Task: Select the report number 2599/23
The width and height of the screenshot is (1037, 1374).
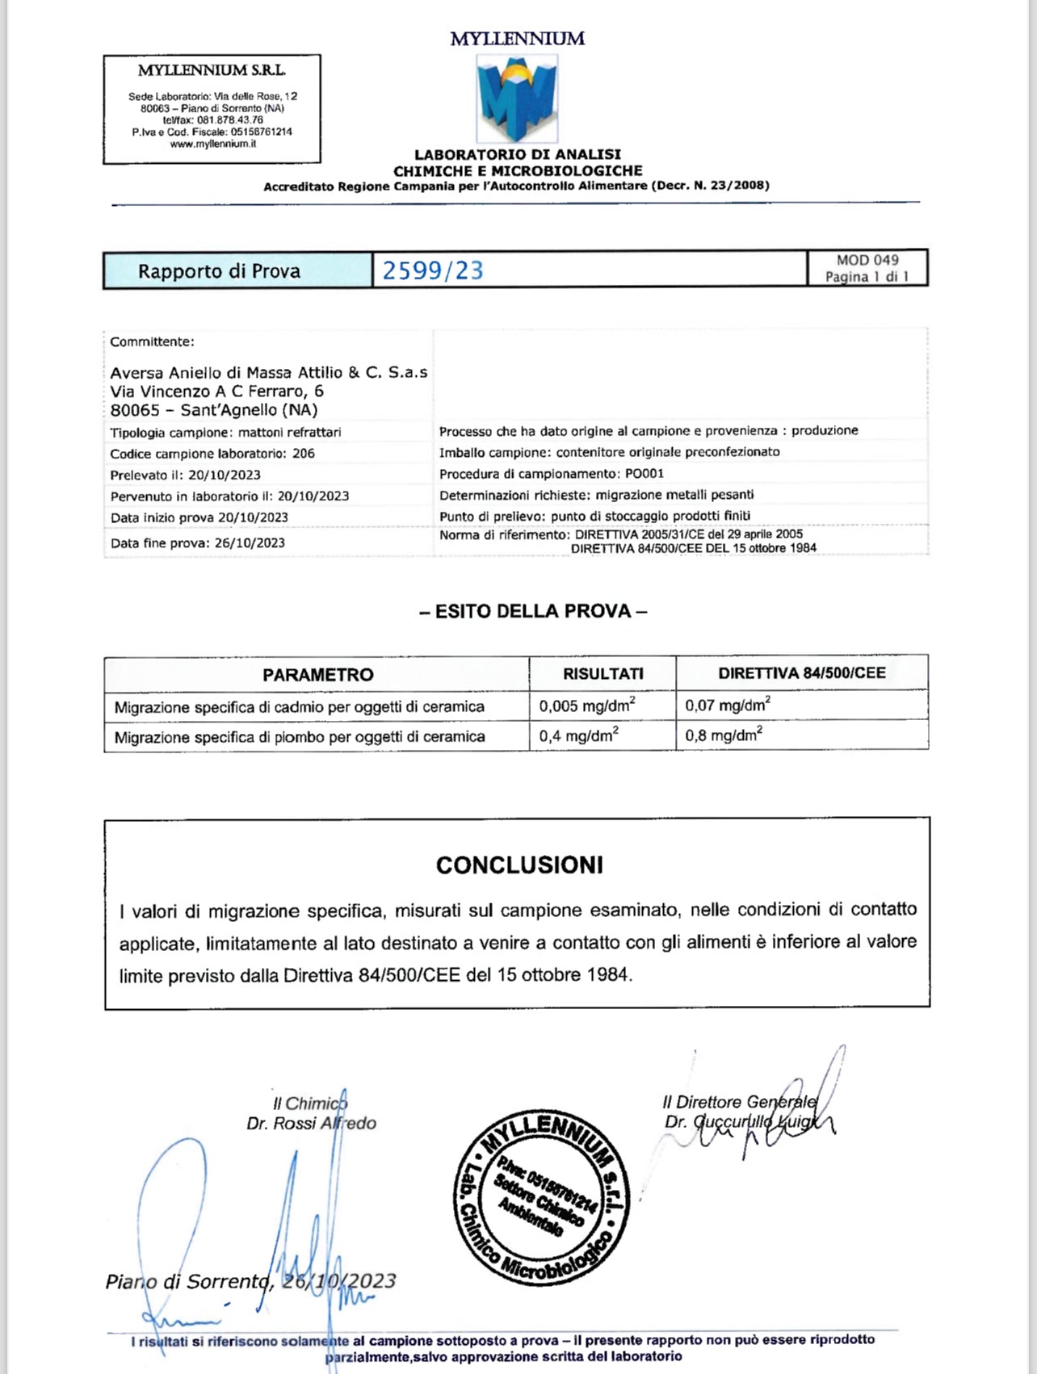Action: tap(433, 270)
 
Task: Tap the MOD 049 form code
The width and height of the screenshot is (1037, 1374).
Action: tap(867, 260)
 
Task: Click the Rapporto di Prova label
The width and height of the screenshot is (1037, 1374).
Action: tap(219, 271)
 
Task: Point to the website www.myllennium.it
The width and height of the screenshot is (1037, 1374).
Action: tap(212, 144)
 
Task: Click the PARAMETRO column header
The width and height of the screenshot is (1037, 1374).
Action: tap(317, 675)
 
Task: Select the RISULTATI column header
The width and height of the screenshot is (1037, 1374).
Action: tap(602, 673)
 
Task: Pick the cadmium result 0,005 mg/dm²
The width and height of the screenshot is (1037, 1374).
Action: tap(586, 706)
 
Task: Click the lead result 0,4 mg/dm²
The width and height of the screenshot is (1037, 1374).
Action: tap(578, 736)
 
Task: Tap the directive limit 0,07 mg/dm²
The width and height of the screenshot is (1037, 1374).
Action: tap(727, 706)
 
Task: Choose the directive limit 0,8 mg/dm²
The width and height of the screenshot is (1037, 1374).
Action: tap(723, 735)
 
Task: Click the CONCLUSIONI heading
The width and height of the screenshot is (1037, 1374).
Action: tap(519, 865)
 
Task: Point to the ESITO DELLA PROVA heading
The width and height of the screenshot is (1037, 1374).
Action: tap(533, 611)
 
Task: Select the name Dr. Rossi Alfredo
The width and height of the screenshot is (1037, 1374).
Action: tap(312, 1123)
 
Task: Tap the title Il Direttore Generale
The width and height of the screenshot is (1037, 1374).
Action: tap(739, 1102)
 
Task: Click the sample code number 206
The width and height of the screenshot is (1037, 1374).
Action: tap(304, 454)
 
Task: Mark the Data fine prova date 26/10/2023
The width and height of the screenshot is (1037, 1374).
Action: tap(250, 543)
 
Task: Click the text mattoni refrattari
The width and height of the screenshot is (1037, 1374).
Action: tap(289, 433)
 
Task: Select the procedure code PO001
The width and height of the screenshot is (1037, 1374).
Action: tap(644, 474)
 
